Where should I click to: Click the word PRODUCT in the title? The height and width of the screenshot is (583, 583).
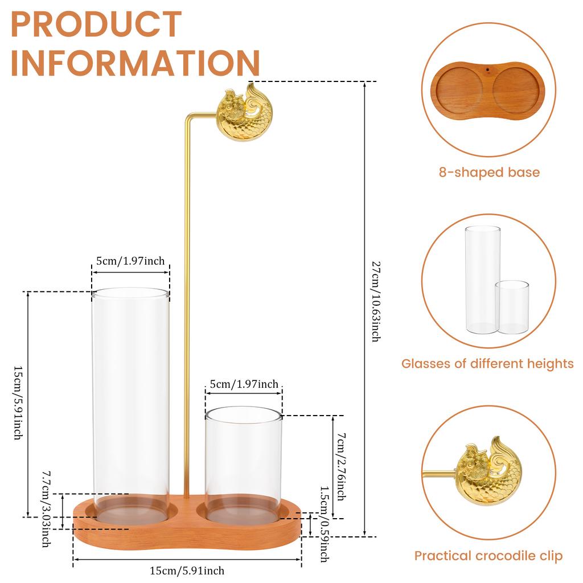tap(96, 24)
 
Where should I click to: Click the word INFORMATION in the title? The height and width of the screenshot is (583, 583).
tap(135, 63)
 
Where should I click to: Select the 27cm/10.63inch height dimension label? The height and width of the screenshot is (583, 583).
tap(375, 301)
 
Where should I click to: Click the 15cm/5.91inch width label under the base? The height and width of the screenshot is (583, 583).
tap(187, 570)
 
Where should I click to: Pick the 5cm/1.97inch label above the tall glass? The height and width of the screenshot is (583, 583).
tap(130, 261)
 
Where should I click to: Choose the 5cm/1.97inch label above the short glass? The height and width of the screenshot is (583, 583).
tap(244, 384)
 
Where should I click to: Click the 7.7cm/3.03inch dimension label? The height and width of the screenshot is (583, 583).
tap(46, 508)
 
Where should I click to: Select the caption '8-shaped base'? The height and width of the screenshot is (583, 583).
tap(489, 172)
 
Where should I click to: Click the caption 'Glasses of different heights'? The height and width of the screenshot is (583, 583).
tap(487, 363)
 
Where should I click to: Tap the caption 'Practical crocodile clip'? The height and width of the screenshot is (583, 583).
tap(488, 556)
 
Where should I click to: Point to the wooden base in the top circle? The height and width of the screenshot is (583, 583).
tap(488, 89)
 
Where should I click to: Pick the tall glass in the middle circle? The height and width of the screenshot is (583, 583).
tap(482, 279)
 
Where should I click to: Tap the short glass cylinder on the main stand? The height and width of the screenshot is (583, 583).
tap(243, 464)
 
